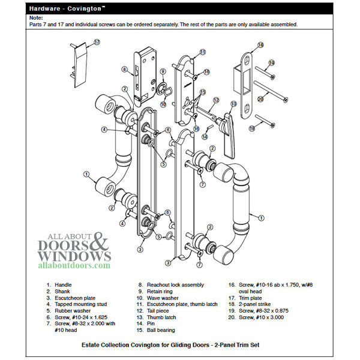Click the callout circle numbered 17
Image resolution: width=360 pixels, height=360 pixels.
(97, 43)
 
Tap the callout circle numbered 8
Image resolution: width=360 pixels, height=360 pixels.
(124, 69)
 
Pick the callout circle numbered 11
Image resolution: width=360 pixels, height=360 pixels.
(203, 52)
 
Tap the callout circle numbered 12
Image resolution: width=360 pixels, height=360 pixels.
(217, 100)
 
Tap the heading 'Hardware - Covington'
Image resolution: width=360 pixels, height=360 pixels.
(66, 8)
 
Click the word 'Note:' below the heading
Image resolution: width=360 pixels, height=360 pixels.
(37, 19)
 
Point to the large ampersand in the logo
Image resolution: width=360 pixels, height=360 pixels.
(100, 244)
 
